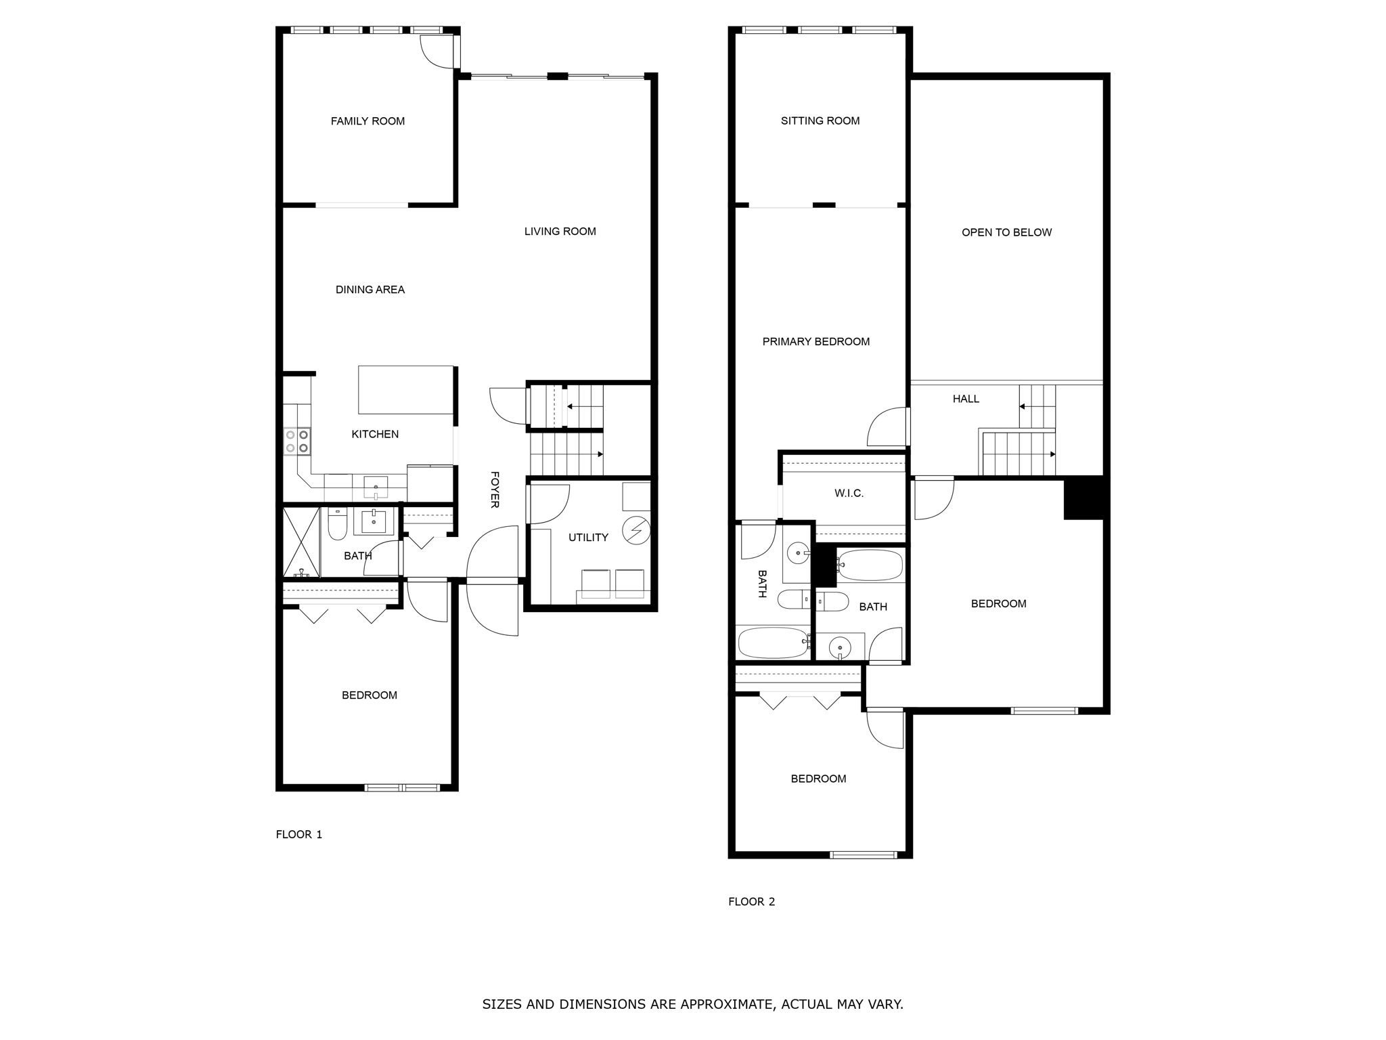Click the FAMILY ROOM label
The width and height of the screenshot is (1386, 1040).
tap(367, 121)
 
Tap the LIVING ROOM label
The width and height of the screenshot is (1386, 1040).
tap(560, 232)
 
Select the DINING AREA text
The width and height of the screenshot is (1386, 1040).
tap(370, 290)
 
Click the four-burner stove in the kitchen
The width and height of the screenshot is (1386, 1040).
tap(297, 441)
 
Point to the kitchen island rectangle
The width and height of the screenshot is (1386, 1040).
tap(405, 389)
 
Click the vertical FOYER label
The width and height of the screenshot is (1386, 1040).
tap(495, 490)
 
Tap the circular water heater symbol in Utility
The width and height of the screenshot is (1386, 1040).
tap(635, 531)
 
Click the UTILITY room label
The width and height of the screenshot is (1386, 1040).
tap(587, 538)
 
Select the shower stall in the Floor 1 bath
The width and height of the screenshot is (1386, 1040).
tap(300, 542)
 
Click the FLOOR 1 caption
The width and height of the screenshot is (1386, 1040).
tap(298, 834)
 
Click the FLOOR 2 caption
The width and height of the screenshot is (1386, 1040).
tap(751, 902)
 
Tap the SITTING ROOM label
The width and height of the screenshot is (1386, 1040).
tap(820, 121)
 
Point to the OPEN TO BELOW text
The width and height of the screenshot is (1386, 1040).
tap(1006, 233)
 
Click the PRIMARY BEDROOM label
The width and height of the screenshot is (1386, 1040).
tap(815, 342)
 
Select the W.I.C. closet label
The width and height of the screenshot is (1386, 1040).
tap(849, 494)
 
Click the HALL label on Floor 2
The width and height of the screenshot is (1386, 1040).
tap(966, 399)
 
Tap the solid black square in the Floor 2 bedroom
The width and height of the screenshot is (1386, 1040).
tap(1083, 498)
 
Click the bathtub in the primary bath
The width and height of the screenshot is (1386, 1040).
tap(773, 643)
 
